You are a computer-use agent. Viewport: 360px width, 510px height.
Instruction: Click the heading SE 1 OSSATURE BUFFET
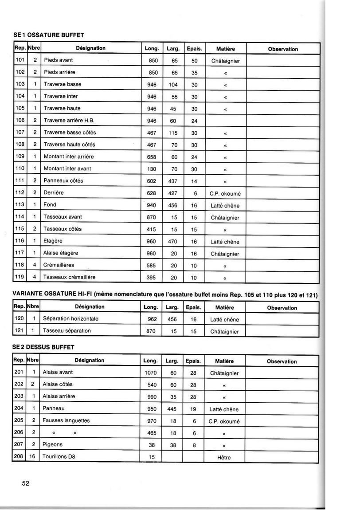point(49,34)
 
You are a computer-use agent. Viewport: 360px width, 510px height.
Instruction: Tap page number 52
point(26,483)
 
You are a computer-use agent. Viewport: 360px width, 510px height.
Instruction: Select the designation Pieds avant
point(58,60)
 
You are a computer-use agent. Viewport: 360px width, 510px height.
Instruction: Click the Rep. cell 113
point(19,205)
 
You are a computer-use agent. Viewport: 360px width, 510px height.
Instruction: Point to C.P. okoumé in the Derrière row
point(225,194)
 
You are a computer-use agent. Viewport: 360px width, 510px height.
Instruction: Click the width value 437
point(172,181)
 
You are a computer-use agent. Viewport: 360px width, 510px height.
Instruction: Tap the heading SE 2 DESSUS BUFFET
point(44,346)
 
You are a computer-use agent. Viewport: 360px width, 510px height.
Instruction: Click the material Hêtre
point(224,458)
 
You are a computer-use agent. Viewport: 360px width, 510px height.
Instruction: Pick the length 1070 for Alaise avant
point(151,373)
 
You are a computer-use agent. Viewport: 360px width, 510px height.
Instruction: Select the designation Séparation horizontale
point(70,319)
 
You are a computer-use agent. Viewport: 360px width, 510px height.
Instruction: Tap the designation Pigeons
point(52,444)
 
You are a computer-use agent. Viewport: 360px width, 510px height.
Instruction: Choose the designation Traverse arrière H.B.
point(69,121)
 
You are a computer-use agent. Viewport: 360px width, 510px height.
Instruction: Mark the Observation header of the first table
point(283,49)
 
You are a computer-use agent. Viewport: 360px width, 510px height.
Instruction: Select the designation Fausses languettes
point(66,420)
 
